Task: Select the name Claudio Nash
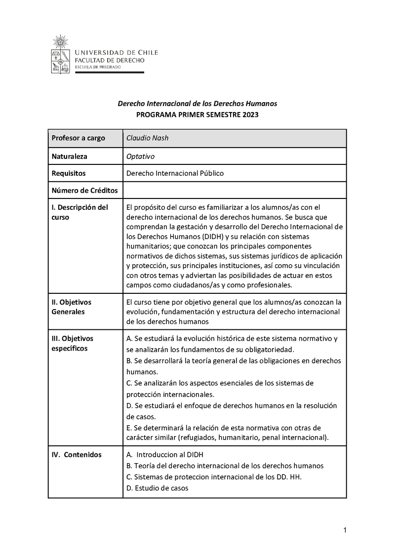tap(147, 138)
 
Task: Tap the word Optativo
tap(140, 156)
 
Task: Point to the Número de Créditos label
tap(81, 191)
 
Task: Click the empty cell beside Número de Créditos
tap(234, 191)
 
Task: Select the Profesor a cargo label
tap(78, 138)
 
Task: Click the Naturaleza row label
tap(69, 156)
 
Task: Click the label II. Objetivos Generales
tap(71, 307)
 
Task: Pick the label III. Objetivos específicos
tap(72, 343)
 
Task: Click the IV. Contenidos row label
tap(77, 454)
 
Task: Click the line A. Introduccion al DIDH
tap(165, 454)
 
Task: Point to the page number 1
tap(345, 530)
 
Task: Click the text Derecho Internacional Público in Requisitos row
tap(175, 173)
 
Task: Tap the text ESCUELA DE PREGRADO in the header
tap(94, 67)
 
